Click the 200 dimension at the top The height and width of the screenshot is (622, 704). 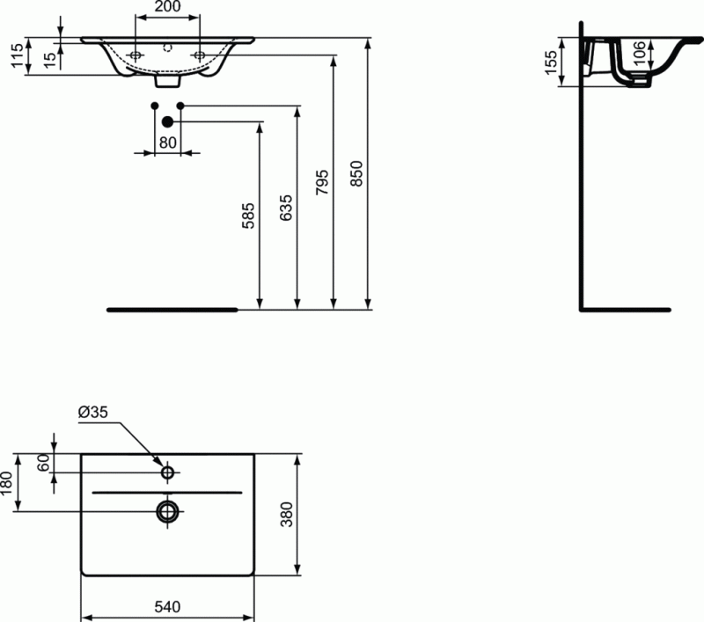tap(167, 8)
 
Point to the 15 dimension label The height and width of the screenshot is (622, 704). tap(50, 57)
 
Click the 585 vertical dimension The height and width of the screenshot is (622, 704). tap(248, 216)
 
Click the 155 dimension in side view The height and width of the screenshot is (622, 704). tap(550, 63)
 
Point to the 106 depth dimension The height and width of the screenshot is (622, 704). tap(640, 55)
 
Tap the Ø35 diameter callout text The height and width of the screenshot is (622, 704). tap(92, 413)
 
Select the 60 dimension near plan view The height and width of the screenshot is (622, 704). tap(42, 464)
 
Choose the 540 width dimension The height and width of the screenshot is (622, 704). tap(167, 607)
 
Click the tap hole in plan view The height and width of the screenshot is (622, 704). tap(167, 472)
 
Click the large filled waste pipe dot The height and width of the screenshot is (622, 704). tap(167, 122)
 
